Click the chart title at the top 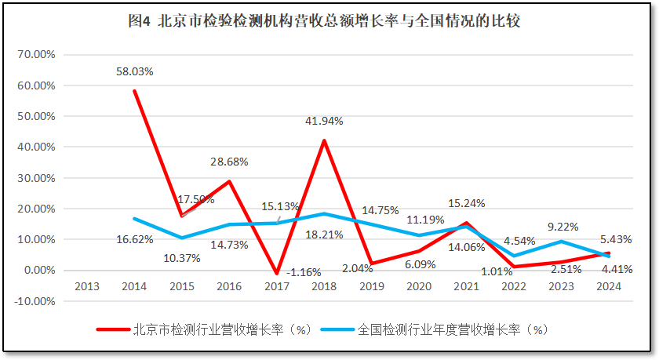[x=323, y=21]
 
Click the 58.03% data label [x=134, y=71]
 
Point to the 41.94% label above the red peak [x=324, y=121]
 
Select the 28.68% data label [x=229, y=162]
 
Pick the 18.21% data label [x=324, y=235]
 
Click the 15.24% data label [x=466, y=203]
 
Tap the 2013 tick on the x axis [x=87, y=286]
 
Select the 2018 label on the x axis [x=324, y=286]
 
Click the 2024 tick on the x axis [x=608, y=286]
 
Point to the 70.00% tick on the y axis [x=35, y=55]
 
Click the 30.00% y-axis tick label [x=35, y=178]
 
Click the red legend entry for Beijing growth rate [x=204, y=329]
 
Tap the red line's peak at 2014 [x=135, y=91]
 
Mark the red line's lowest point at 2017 [x=277, y=274]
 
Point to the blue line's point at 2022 [x=513, y=256]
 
